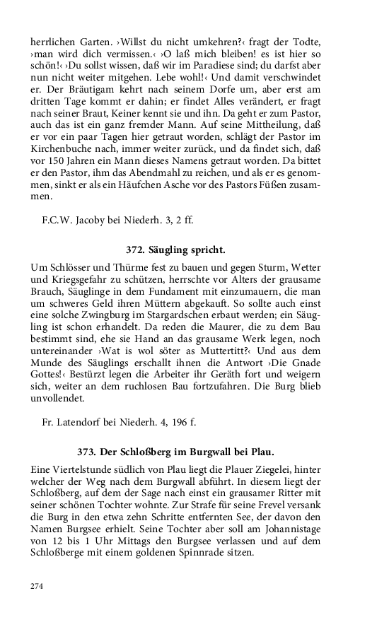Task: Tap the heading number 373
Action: [87, 451]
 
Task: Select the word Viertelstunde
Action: [88, 469]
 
